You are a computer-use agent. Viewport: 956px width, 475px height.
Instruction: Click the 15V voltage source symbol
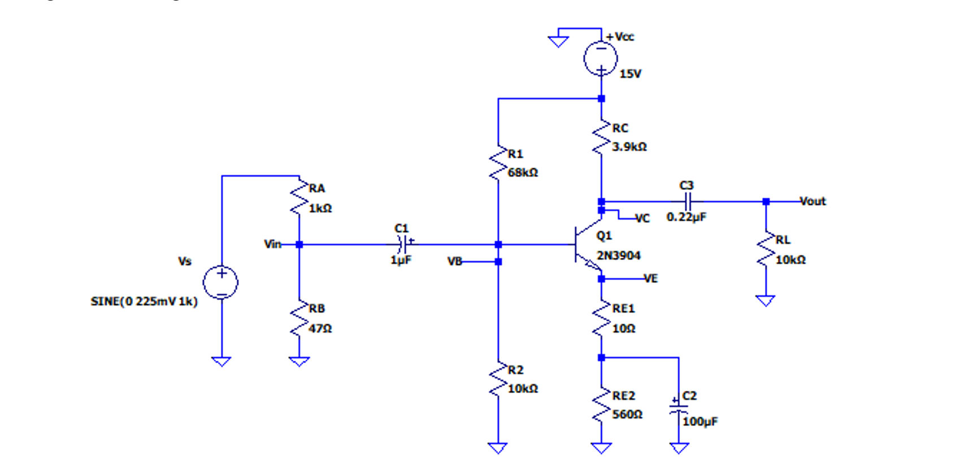click(x=601, y=58)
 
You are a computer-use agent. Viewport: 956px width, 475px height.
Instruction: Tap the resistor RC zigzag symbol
click(x=601, y=137)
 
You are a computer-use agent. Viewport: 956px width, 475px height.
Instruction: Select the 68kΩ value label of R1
click(x=523, y=173)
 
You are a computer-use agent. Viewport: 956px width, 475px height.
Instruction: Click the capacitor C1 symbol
click(x=402, y=245)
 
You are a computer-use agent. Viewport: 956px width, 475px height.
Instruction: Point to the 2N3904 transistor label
click(x=619, y=256)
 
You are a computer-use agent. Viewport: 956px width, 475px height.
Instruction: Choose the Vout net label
click(x=812, y=201)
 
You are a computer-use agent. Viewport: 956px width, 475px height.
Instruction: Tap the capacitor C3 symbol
click(x=687, y=201)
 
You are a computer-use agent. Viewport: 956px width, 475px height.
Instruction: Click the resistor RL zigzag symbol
click(x=766, y=249)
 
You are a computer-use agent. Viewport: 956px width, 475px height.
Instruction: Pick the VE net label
click(x=651, y=278)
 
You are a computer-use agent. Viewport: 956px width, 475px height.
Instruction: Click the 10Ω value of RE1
click(x=624, y=329)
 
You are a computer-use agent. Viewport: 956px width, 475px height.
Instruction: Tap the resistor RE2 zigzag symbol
click(x=601, y=405)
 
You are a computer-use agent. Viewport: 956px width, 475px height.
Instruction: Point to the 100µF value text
click(x=700, y=422)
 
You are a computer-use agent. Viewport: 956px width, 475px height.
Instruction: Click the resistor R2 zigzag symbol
click(x=498, y=380)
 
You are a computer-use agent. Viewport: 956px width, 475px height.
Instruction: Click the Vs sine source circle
click(x=221, y=282)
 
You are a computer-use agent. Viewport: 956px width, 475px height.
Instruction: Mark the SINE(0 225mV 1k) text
click(x=144, y=302)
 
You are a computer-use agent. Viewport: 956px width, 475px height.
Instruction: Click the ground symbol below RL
click(x=766, y=300)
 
